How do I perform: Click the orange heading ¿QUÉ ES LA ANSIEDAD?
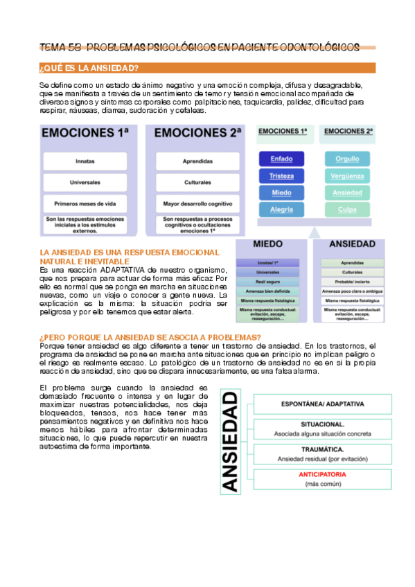tap(90, 68)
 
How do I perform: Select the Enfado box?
tap(281, 159)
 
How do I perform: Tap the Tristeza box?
tap(281, 176)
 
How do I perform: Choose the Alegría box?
tap(281, 209)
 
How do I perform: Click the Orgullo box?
tap(347, 159)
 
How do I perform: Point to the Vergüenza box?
tap(347, 176)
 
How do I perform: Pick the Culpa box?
tap(347, 209)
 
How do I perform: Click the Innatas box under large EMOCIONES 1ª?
tap(85, 161)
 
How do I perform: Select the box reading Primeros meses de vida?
tap(85, 204)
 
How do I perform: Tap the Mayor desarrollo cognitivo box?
tap(193, 204)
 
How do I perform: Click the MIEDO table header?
tap(267, 244)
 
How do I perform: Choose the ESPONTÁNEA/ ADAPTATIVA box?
tap(323, 404)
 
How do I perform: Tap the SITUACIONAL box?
tap(323, 428)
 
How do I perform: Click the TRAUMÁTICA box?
tap(323, 453)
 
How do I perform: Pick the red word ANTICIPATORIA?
tap(323, 475)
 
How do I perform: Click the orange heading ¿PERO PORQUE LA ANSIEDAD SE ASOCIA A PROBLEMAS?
tap(150, 337)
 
